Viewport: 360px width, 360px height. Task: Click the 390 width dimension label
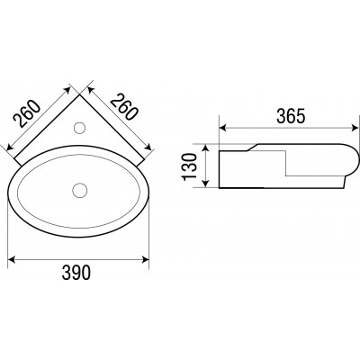point(76,273)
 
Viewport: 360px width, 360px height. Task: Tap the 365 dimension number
point(291,116)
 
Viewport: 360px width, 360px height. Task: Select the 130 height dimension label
point(189,166)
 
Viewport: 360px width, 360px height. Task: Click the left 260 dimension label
point(27,113)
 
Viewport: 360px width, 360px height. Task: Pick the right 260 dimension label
point(124,107)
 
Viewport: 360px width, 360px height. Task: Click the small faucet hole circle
point(80,128)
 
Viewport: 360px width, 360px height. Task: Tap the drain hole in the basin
point(80,190)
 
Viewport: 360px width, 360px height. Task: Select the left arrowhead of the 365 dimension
point(223,128)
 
